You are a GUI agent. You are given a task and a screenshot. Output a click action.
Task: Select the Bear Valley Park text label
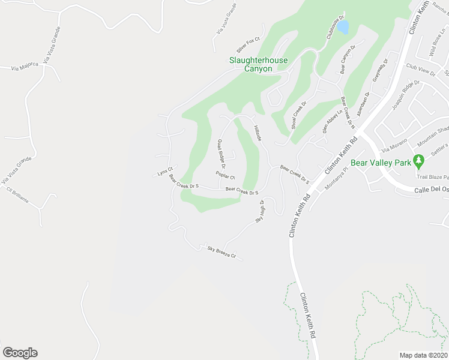point(381,163)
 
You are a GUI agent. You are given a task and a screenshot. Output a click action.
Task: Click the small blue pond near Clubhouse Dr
point(343,27)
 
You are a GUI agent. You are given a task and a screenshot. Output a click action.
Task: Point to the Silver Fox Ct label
point(247,45)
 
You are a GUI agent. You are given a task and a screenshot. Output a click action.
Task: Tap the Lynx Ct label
point(165,172)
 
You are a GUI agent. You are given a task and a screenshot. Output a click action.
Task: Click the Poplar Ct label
point(225,176)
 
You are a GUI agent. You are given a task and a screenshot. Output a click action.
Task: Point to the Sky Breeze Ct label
point(221,253)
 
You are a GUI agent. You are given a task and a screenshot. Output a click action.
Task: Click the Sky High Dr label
point(260,211)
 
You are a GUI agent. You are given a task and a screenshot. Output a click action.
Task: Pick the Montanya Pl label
point(337,185)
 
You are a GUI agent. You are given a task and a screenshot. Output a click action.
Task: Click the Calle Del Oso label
point(432,191)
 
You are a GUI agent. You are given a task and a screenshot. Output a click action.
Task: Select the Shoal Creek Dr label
point(299,116)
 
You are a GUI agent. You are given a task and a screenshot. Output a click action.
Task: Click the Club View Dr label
point(420,69)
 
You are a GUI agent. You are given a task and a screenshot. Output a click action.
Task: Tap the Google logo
point(20,353)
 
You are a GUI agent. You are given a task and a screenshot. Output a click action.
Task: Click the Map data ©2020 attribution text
point(423,355)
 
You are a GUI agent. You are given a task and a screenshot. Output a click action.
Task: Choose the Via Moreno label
point(394,147)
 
